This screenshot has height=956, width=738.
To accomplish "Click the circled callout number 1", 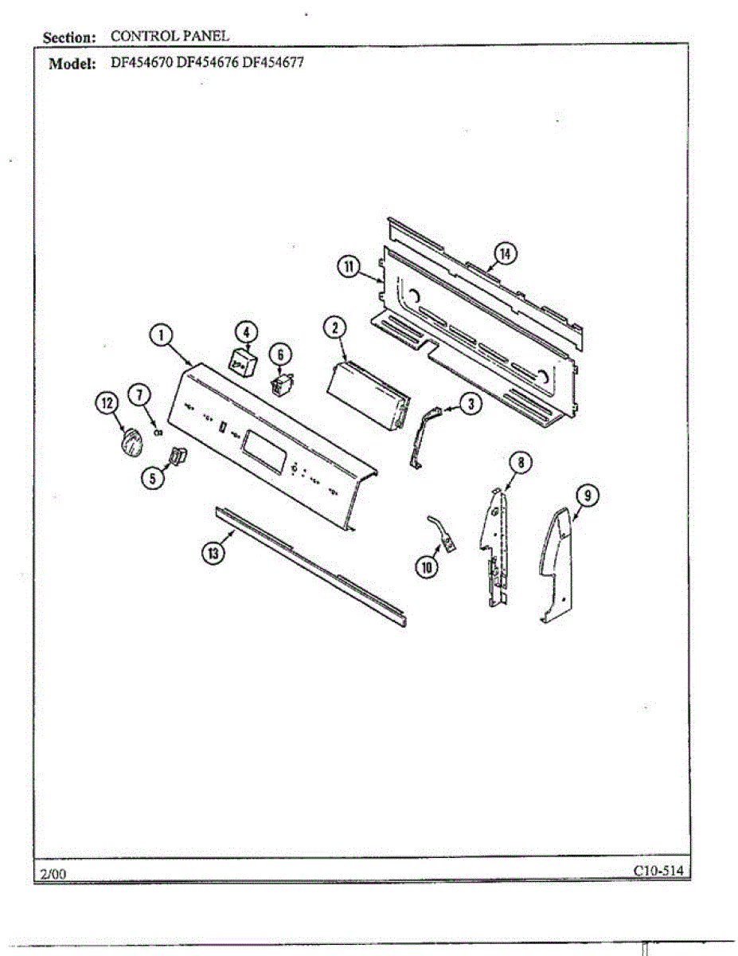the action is pyautogui.click(x=162, y=335).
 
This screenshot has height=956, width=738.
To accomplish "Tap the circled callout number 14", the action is pyautogui.click(x=505, y=253).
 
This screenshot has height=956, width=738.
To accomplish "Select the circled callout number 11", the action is pyautogui.click(x=349, y=267).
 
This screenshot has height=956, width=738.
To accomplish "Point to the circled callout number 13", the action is pyautogui.click(x=212, y=554).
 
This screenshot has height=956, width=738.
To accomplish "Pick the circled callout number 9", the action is pyautogui.click(x=585, y=496).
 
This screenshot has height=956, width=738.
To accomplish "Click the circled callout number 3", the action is pyautogui.click(x=471, y=404).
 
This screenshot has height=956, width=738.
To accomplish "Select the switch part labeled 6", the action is pyautogui.click(x=279, y=385).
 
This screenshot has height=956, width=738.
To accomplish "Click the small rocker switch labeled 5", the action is pyautogui.click(x=176, y=458).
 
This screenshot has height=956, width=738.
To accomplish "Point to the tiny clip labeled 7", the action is pyautogui.click(x=158, y=432).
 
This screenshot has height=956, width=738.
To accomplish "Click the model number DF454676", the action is pyautogui.click(x=207, y=64).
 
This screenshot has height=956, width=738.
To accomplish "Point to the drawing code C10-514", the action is pyautogui.click(x=658, y=870).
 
